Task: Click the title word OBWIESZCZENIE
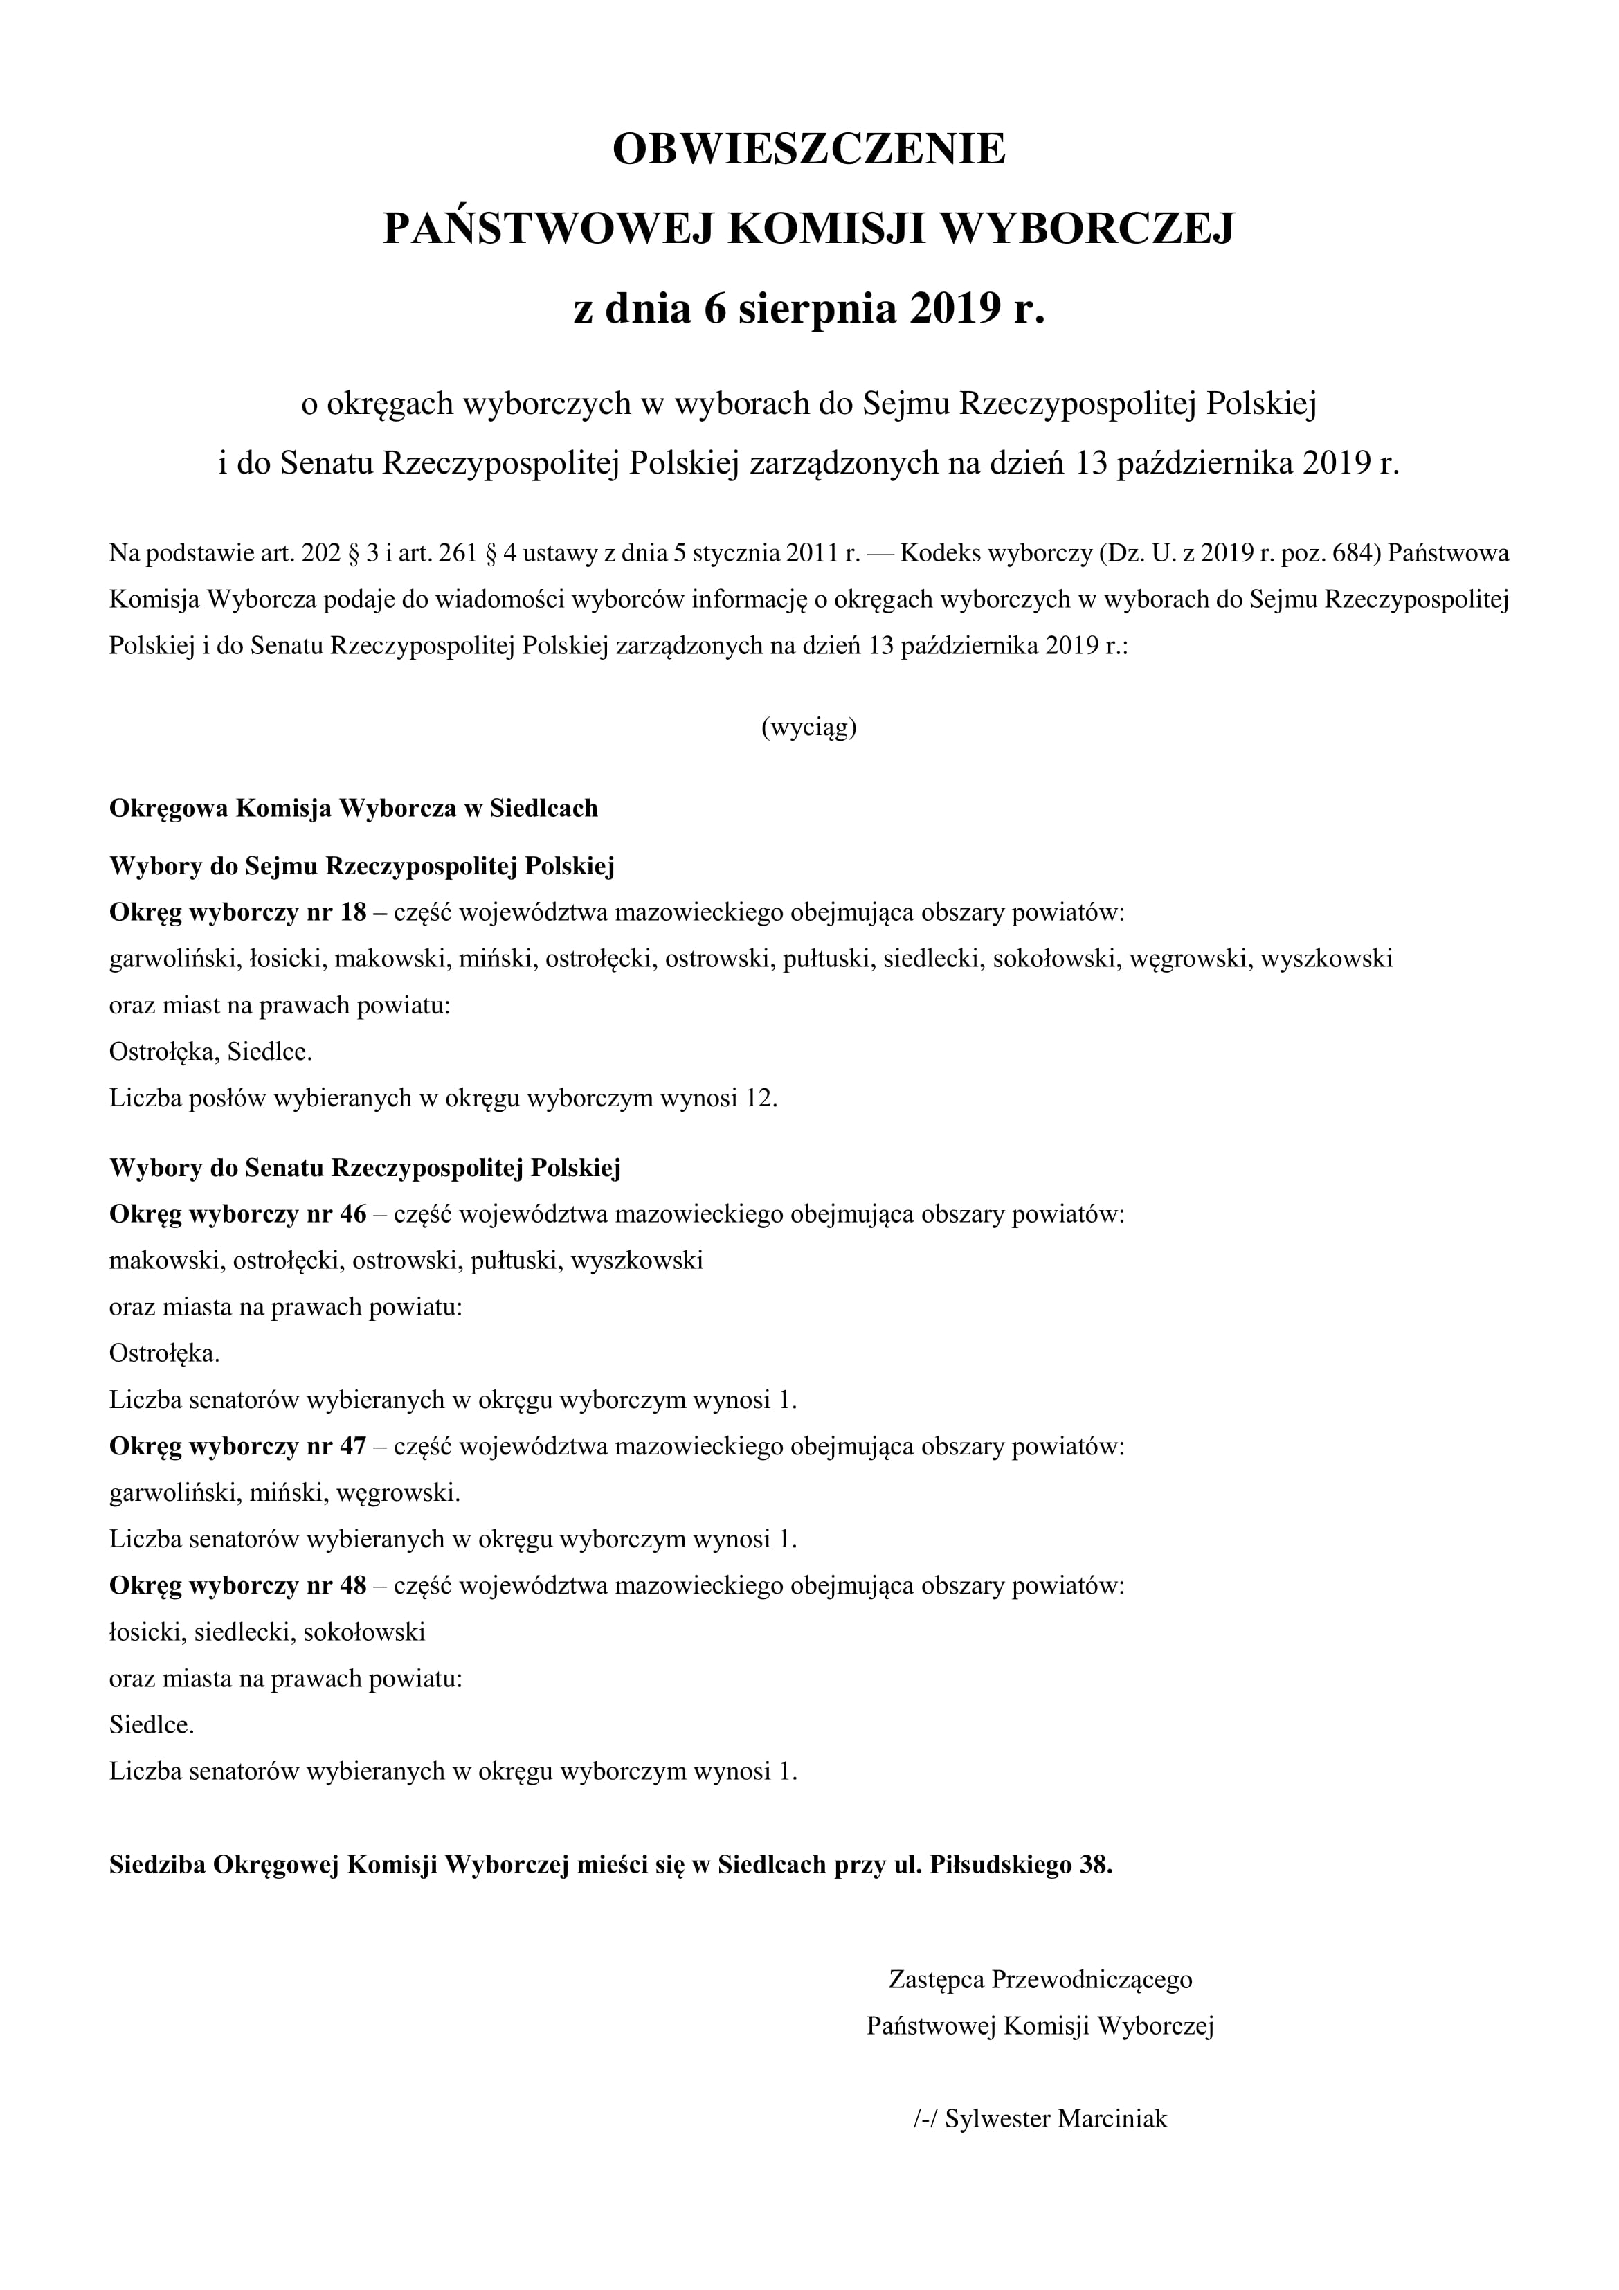(x=809, y=150)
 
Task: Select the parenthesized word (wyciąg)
(x=809, y=728)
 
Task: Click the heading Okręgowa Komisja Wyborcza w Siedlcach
(x=353, y=808)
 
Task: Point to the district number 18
(x=354, y=912)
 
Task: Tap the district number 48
(x=354, y=1586)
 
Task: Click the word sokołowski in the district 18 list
(x=1056, y=959)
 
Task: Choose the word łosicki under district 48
(x=145, y=1633)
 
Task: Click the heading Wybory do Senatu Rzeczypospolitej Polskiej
(x=365, y=1168)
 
